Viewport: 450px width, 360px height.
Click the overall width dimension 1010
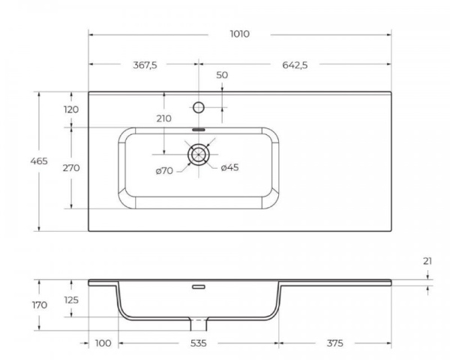coord(240,34)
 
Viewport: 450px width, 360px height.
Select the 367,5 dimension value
coord(145,65)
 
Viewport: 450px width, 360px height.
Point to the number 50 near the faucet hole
coord(222,75)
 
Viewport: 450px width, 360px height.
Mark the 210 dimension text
coord(164,118)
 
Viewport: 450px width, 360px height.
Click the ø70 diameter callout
coord(164,170)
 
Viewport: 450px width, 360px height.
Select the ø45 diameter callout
coord(230,167)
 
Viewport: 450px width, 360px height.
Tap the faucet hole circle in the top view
coord(199,107)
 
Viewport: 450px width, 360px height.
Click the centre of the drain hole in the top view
coord(199,155)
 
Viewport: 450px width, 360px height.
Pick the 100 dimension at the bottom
coord(103,343)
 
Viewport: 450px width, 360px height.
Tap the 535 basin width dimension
coord(199,343)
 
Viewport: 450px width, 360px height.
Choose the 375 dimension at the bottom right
coord(334,343)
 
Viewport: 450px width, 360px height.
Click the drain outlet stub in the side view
coord(199,324)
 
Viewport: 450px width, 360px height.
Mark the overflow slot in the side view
coord(199,286)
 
